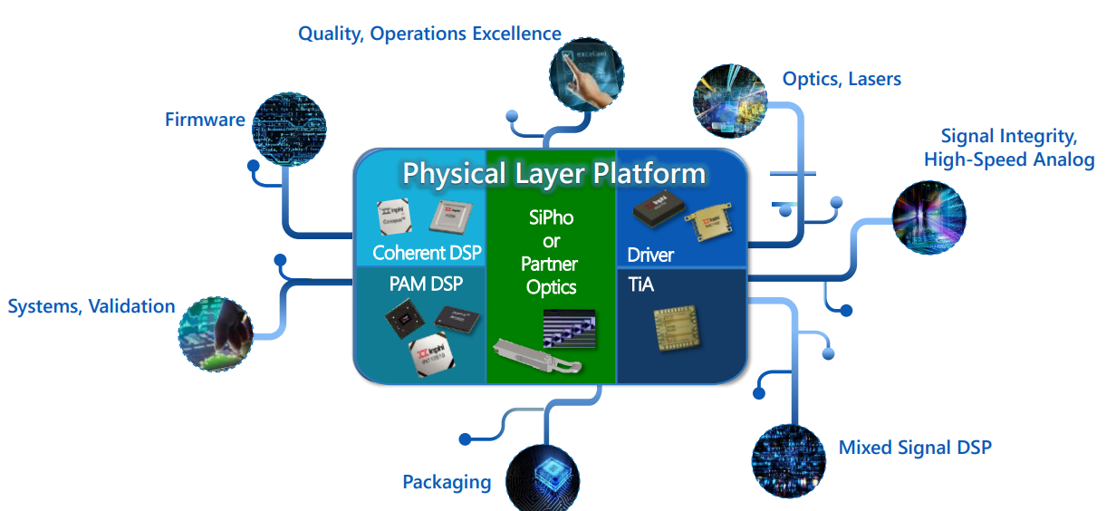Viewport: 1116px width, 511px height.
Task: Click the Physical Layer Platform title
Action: coord(553,173)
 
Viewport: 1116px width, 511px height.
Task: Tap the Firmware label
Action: coord(205,119)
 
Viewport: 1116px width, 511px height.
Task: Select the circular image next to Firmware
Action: coord(288,130)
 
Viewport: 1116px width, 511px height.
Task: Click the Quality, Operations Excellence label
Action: coord(429,34)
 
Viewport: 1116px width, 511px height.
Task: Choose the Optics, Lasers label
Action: coord(842,79)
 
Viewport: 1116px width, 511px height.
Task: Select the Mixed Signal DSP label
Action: coord(915,447)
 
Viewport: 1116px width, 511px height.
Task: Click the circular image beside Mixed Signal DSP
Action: coord(789,460)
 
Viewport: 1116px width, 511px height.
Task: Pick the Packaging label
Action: coord(447,481)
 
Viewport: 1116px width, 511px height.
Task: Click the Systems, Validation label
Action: coord(91,306)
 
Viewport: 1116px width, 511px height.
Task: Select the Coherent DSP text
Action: coord(427,253)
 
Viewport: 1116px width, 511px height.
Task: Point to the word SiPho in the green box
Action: coord(551,217)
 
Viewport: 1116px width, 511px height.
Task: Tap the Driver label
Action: coord(650,255)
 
